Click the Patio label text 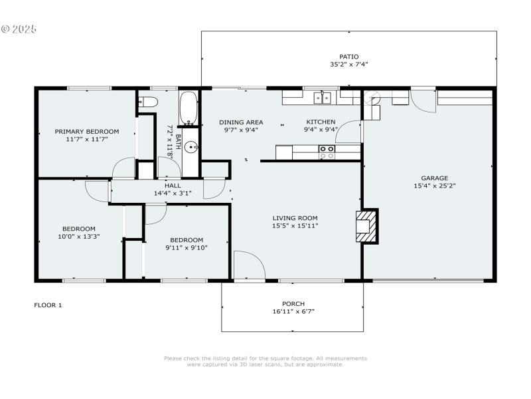pyautogui.click(x=348, y=57)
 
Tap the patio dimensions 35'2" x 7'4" pyautogui.click(x=348, y=65)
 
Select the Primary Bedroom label pyautogui.click(x=87, y=132)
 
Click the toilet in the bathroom pyautogui.click(x=148, y=102)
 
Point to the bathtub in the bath pyautogui.click(x=189, y=108)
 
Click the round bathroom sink pyautogui.click(x=191, y=148)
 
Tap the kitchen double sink pyautogui.click(x=323, y=98)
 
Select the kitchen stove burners pyautogui.click(x=327, y=152)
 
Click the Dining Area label pyautogui.click(x=241, y=122)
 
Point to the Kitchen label pyautogui.click(x=321, y=122)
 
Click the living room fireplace pyautogui.click(x=366, y=226)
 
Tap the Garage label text pyautogui.click(x=434, y=178)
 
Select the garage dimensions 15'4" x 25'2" pyautogui.click(x=434, y=186)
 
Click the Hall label pyautogui.click(x=173, y=186)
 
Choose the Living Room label pyautogui.click(x=295, y=217)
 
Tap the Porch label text pyautogui.click(x=293, y=303)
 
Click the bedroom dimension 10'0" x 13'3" pyautogui.click(x=79, y=236)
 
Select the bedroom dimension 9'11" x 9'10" pyautogui.click(x=187, y=248)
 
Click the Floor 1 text pyautogui.click(x=48, y=305)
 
